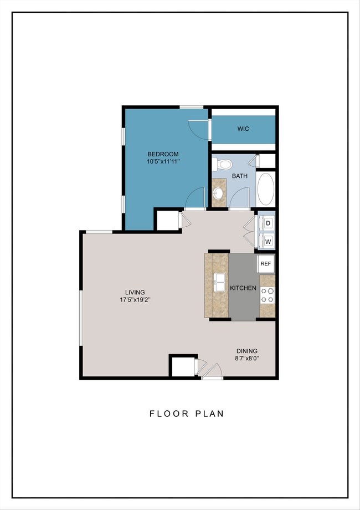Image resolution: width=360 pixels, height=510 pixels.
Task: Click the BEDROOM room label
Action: [163, 154]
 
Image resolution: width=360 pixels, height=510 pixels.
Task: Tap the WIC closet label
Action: [243, 129]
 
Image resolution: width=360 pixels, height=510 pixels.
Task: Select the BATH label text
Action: [240, 176]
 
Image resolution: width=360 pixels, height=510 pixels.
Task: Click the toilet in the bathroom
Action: [222, 165]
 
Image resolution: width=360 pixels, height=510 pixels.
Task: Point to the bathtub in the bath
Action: [265, 189]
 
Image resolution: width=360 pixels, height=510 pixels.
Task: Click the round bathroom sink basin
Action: [218, 194]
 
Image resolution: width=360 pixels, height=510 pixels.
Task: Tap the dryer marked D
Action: [267, 223]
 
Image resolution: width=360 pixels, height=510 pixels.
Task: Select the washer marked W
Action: [267, 241]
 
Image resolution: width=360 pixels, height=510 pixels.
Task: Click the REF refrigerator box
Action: [266, 264]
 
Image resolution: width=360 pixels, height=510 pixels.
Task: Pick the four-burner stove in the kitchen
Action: [268, 295]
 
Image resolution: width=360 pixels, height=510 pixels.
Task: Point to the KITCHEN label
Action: [243, 288]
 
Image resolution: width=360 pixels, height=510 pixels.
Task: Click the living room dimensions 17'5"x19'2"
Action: [135, 299]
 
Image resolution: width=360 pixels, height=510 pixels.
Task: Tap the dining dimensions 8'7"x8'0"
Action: [247, 358]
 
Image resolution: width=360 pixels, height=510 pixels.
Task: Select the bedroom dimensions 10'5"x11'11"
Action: [163, 161]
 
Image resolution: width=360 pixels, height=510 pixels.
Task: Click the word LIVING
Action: [135, 292]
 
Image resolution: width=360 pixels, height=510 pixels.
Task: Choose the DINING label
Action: [247, 351]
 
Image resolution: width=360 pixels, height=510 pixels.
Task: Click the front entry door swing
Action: [213, 370]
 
